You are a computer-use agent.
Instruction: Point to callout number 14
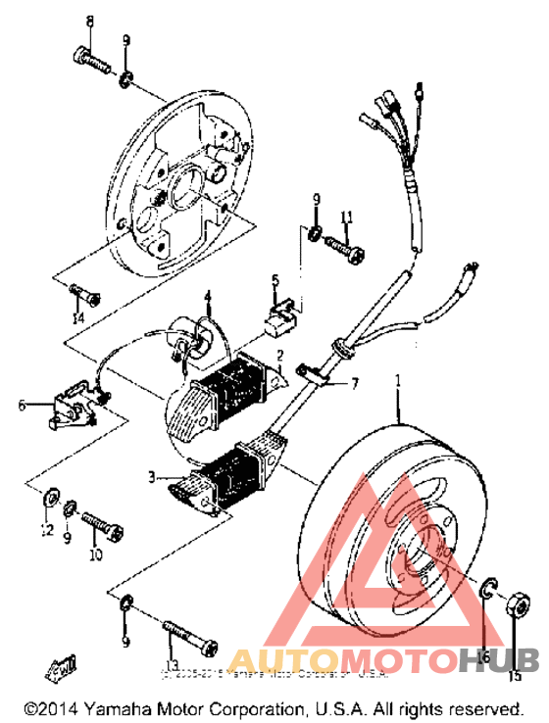pos(78,318)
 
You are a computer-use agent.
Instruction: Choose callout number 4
pos(208,296)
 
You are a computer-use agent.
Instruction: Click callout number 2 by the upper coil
pos(279,356)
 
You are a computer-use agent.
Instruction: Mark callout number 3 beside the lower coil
pos(151,476)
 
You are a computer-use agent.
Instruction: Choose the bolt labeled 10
pos(102,528)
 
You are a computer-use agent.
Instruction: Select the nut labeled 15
pos(520,602)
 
